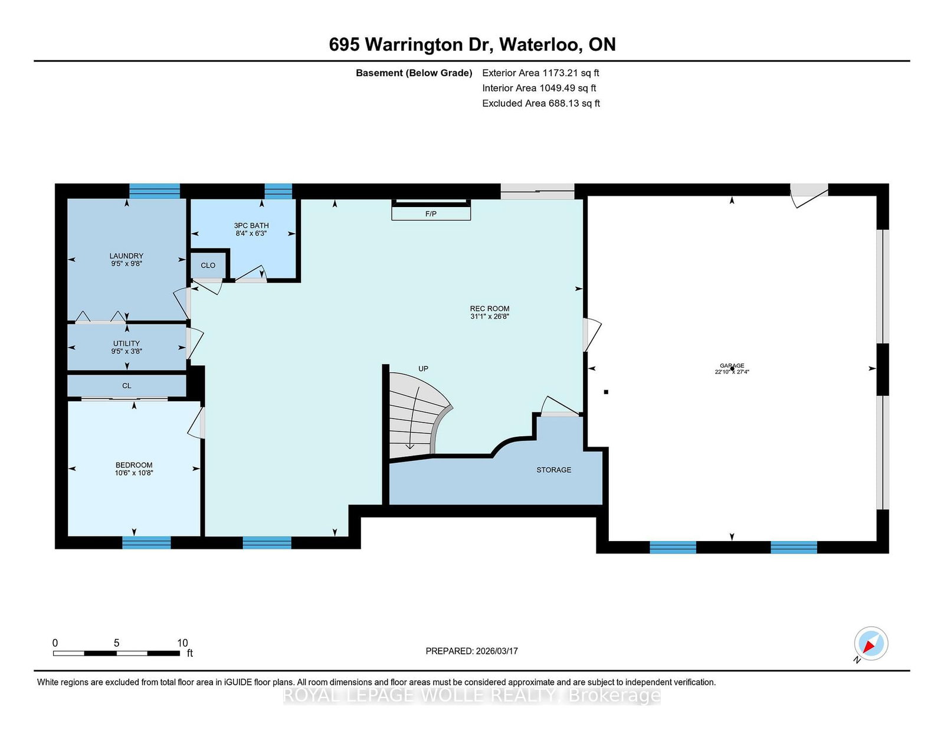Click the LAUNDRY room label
pos(126,256)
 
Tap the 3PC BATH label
pos(251,225)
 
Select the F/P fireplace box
pos(431,214)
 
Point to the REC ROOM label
pos(490,309)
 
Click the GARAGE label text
pos(732,365)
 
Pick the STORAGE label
pos(554,470)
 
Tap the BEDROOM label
pos(134,465)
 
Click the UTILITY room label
pos(126,343)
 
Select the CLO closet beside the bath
pos(208,265)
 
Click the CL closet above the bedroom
pos(126,386)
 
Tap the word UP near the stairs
pos(423,368)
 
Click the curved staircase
pos(418,415)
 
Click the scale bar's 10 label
pos(182,643)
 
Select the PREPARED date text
pos(472,651)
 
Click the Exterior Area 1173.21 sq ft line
pos(540,73)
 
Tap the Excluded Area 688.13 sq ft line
pos(541,103)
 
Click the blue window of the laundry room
pos(155,191)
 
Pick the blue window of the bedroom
pos(146,542)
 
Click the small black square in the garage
pos(606,392)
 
